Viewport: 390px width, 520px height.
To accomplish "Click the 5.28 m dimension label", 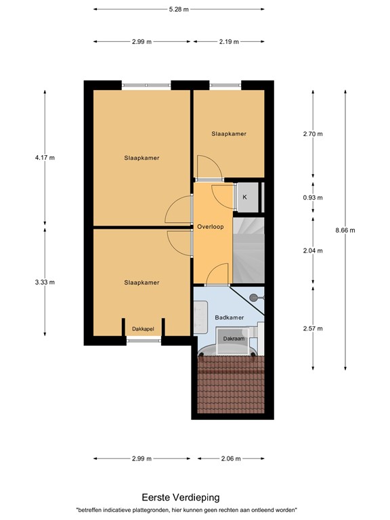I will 179,9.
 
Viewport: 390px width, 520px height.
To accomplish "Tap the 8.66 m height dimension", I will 345,230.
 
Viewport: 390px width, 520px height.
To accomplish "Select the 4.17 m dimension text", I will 45,158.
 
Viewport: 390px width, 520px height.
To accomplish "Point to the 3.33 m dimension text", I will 45,282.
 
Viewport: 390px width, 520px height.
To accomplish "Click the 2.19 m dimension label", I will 229,41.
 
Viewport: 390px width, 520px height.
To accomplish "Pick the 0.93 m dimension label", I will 313,198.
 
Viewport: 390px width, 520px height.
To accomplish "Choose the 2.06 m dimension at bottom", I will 231,458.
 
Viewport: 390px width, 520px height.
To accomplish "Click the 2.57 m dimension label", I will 313,329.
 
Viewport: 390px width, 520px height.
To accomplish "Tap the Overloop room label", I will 211,226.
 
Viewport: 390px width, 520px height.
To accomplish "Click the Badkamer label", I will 228,317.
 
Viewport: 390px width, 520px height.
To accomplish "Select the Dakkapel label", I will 143,329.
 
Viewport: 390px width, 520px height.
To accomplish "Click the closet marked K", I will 244,197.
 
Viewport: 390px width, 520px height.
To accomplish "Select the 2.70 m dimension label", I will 313,134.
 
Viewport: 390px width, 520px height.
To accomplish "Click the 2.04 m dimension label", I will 313,251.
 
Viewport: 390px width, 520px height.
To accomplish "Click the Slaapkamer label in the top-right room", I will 228,134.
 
